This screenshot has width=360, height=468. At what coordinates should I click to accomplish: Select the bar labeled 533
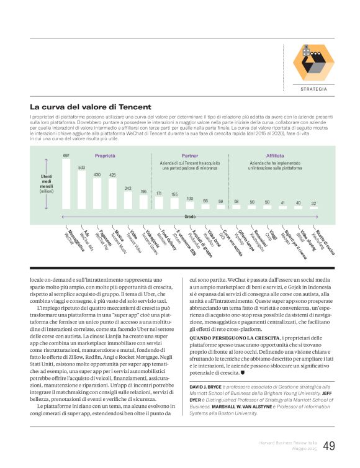point(81,191)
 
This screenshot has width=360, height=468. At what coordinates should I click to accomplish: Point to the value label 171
point(159,193)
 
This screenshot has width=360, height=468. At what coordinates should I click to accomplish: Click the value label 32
point(313,203)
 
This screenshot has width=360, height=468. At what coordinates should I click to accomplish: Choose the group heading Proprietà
point(105,156)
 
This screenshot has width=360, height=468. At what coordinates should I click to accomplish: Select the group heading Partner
point(190,156)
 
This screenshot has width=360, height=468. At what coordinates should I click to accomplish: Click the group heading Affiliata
point(275,156)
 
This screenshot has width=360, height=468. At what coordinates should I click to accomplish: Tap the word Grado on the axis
point(190,217)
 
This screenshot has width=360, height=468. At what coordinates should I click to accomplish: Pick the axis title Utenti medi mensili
point(47,184)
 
